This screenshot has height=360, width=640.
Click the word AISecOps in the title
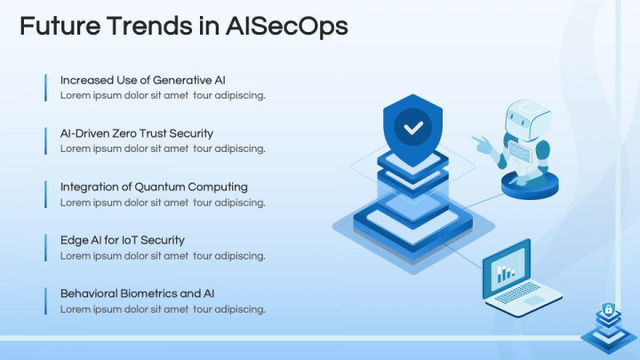click(286, 27)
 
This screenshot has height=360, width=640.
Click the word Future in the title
click(60, 26)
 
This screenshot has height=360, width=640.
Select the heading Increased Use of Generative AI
click(143, 80)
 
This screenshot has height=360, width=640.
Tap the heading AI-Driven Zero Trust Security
click(137, 133)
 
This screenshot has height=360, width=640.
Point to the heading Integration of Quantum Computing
click(154, 187)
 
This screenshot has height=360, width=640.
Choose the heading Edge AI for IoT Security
click(123, 240)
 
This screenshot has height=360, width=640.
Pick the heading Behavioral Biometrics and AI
click(137, 293)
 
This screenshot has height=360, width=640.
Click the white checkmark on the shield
click(413, 129)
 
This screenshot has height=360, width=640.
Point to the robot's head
click(527, 119)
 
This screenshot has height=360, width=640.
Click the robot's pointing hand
click(482, 144)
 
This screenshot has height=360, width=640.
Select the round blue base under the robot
click(530, 186)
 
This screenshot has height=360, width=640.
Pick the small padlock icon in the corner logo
click(609, 309)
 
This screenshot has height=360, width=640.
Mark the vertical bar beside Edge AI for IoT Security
click(45, 248)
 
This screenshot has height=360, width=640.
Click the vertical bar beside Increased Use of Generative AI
click(45, 87)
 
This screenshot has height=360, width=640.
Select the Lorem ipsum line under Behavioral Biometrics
click(163, 309)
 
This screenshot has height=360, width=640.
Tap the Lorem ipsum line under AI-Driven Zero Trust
click(163, 149)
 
